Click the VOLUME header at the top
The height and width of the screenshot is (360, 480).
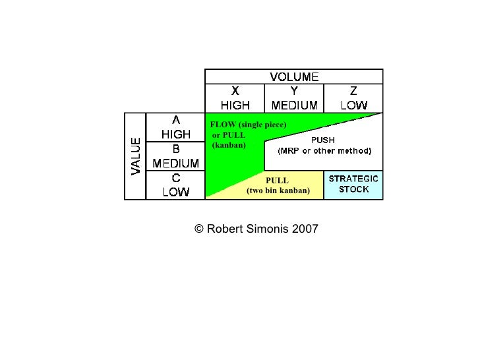coord(294,76)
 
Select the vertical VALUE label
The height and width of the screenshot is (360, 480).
coord(136,156)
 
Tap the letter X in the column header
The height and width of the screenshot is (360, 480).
coord(235,92)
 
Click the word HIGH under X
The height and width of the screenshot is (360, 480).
coord(235,105)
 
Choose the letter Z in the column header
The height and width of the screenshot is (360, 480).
coord(353,92)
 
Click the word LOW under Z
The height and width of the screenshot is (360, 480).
coord(353,105)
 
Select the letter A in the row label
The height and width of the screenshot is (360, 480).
coord(176,120)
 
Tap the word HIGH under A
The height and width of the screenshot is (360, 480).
coord(176,134)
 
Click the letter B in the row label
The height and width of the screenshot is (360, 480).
coord(176,149)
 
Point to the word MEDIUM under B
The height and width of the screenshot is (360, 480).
coord(176,163)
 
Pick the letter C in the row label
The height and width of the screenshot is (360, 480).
coord(176,178)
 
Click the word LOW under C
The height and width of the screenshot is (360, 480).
coord(176,192)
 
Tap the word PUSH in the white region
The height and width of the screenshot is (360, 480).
coord(323,140)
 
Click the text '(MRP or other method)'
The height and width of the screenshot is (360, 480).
coord(324,150)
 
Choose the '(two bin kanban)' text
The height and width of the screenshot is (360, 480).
coord(278,191)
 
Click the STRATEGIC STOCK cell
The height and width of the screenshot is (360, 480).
coord(353,184)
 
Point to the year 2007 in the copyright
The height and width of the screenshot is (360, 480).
coord(305,229)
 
